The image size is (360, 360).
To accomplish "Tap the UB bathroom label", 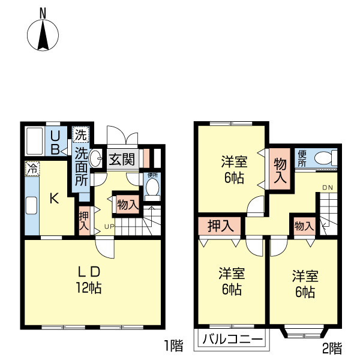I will pos(54,143).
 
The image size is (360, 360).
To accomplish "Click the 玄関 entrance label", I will pos(122,160).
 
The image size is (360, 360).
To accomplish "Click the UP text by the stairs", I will pos(109,226).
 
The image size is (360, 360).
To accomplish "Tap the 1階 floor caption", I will pos(173,346).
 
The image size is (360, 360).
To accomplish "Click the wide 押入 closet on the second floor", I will pos(220,226).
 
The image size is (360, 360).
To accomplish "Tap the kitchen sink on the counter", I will pos(31,206).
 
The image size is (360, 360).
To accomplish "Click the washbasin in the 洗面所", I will pos(97,160).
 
